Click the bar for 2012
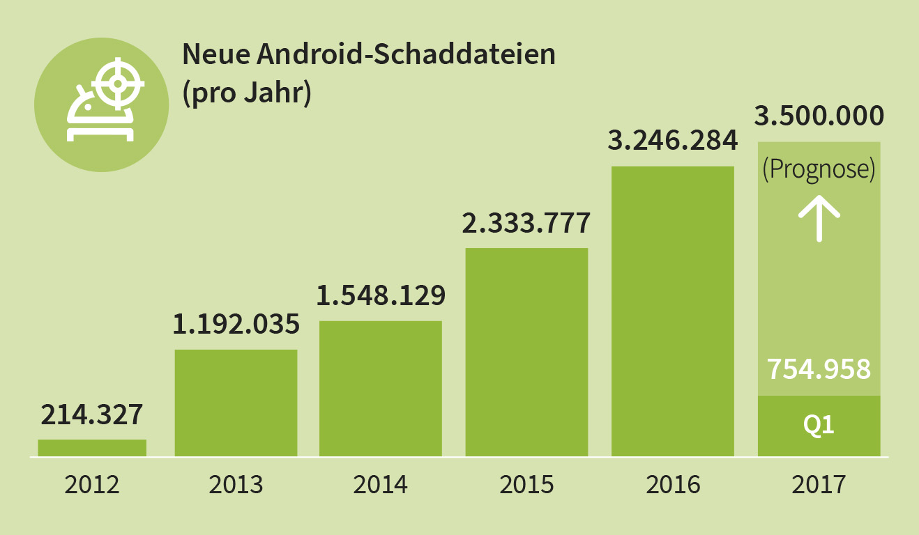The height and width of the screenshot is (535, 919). point(92,448)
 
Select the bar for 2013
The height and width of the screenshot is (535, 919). point(236,403)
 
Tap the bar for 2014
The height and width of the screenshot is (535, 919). point(381,389)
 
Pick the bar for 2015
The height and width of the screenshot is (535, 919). point(526,352)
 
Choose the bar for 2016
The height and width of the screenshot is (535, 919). point(673,311)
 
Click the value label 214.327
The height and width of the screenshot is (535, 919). point(92,414)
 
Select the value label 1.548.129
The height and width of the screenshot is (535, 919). point(381,295)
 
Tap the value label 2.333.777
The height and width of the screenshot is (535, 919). point(526,222)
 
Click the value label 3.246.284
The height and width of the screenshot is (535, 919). point(673,141)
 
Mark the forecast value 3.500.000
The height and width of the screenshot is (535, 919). point(819,116)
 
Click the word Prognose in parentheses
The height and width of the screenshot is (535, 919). point(819,170)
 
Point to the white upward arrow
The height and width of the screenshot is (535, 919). point(819,217)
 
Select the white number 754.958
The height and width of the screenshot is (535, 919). point(819,369)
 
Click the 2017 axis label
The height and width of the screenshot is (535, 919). point(819,484)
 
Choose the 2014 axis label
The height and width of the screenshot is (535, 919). point(381,484)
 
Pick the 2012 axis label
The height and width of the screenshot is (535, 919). point(92,484)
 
